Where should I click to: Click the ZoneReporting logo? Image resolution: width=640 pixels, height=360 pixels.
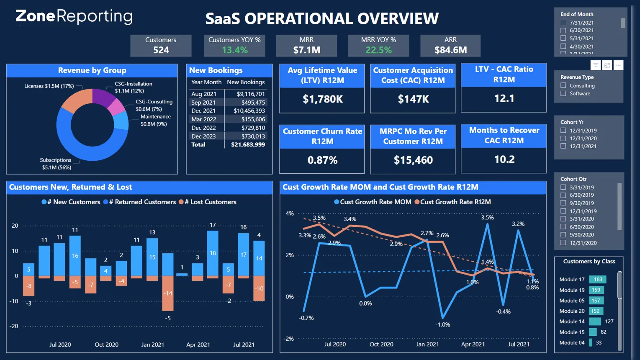74,17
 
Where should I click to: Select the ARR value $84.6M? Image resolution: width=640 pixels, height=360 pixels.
450,50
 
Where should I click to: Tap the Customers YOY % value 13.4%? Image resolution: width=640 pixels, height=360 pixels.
234,50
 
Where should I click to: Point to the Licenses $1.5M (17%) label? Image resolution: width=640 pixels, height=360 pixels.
49,86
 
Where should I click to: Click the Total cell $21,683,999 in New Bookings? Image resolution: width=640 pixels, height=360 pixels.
248,145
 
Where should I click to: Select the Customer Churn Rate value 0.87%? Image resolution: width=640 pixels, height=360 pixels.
322,160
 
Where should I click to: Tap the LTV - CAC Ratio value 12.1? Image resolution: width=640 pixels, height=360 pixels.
504,99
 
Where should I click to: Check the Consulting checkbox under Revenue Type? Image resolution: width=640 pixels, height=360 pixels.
563,85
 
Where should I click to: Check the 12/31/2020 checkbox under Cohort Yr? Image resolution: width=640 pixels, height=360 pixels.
563,139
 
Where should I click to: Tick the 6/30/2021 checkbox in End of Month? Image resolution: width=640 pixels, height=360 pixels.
563,31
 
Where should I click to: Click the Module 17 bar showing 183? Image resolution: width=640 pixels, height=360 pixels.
597,280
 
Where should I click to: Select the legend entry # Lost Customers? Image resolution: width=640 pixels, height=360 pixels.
208,202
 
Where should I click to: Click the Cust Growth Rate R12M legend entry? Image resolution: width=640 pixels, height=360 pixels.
452,202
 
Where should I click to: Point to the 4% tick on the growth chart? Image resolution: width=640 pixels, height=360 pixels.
289,213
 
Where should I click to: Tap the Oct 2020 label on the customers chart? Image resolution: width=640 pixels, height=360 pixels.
106,345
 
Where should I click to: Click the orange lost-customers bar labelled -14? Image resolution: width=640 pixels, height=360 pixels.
168,293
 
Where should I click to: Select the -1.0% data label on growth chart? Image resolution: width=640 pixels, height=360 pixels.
442,325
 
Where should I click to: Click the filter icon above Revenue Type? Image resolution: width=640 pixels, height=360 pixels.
596,65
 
